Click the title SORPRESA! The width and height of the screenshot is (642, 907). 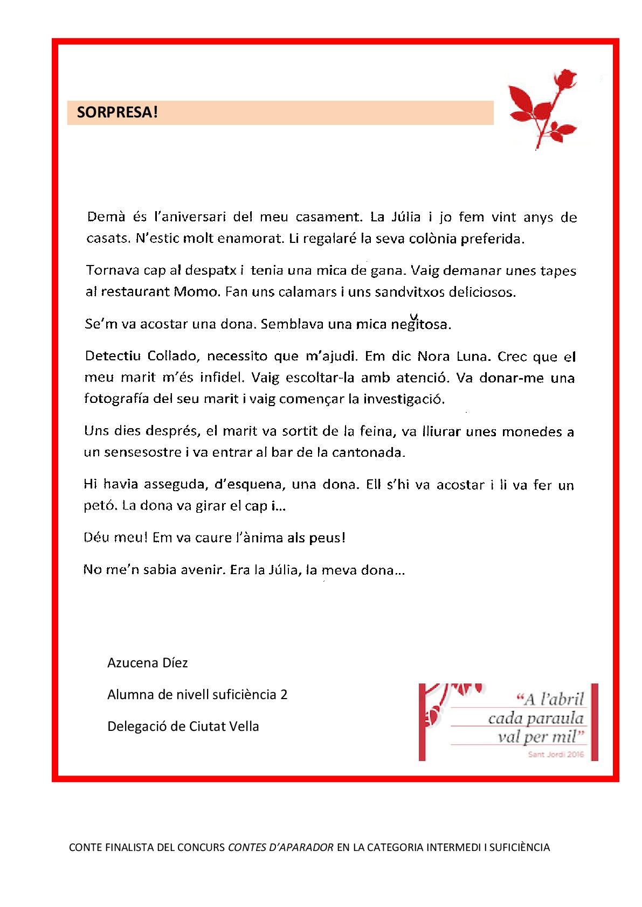pyautogui.click(x=118, y=112)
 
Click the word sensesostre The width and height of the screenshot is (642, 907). pyautogui.click(x=143, y=452)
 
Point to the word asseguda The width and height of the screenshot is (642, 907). pyautogui.click(x=175, y=484)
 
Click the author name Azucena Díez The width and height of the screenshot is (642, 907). pyautogui.click(x=147, y=662)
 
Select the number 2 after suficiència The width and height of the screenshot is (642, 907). pyautogui.click(x=284, y=694)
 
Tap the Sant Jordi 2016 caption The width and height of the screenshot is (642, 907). pyautogui.click(x=555, y=754)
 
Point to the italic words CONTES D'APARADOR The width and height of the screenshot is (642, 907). pyautogui.click(x=281, y=847)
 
